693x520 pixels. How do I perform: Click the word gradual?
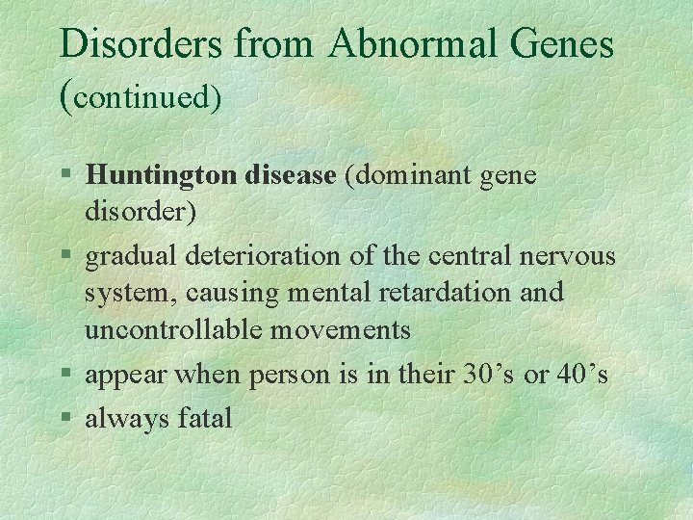tap(128, 257)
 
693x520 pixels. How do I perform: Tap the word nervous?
tap(566, 257)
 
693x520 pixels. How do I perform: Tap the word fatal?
tap(204, 418)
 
